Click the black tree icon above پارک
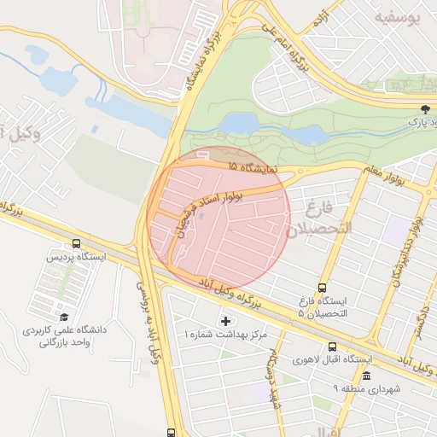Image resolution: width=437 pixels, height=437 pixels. (x=424, y=108)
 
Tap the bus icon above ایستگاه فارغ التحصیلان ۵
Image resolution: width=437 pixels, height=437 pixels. (x=322, y=288)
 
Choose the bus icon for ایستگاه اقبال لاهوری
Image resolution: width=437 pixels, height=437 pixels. (x=332, y=347)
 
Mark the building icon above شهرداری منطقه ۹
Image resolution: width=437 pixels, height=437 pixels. (x=366, y=376)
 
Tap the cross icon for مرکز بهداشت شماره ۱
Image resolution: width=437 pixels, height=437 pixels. (x=225, y=321)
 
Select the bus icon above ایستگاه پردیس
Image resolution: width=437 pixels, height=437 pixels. (x=78, y=243)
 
